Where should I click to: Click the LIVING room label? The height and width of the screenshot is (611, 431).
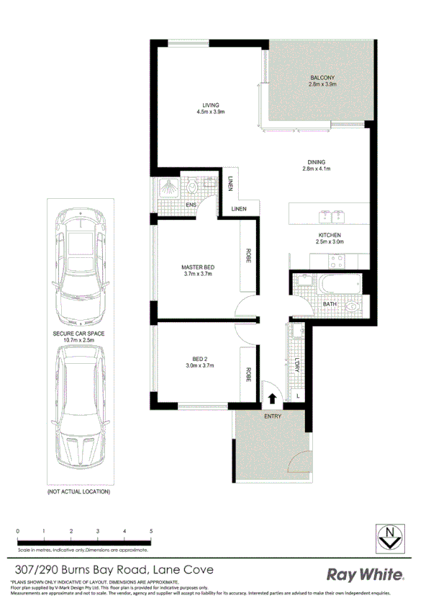pyautogui.click(x=211, y=105)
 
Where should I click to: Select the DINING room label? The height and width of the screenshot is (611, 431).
pyautogui.click(x=317, y=162)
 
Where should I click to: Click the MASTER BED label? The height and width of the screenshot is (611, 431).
pyautogui.click(x=198, y=267)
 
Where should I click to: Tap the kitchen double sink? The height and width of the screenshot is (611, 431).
pyautogui.click(x=332, y=215)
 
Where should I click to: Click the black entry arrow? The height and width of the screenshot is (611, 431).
pyautogui.click(x=273, y=398)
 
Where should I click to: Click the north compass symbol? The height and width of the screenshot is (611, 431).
pyautogui.click(x=390, y=535)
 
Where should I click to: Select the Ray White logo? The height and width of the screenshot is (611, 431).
pyautogui.click(x=366, y=575)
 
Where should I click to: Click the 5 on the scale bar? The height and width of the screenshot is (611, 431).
pyautogui.click(x=151, y=530)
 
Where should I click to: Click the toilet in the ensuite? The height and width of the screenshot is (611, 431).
pyautogui.click(x=193, y=189)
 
